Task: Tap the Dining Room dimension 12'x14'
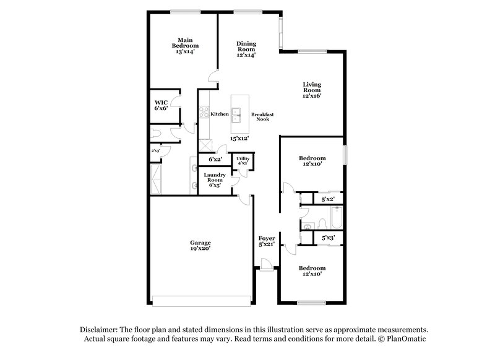246,55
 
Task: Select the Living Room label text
312,90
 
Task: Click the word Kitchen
220,114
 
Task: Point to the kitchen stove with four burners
203,113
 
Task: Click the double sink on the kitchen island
236,113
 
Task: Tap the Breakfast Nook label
262,117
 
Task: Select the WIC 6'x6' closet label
161,105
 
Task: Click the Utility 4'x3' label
243,161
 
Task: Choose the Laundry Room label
215,179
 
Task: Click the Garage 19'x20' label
200,246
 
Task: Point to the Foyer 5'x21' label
267,241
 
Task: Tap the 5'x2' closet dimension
327,200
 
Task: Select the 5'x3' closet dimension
327,238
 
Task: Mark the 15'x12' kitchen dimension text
239,139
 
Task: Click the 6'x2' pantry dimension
215,160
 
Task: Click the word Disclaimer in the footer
99,330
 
